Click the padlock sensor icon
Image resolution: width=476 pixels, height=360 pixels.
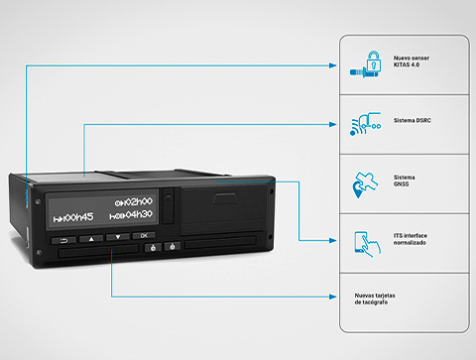(x=366, y=64)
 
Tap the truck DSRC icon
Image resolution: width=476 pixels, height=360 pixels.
(x=366, y=124)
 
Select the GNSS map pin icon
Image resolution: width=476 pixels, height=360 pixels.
(x=365, y=184)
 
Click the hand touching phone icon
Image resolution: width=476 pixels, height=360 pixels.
(x=367, y=244)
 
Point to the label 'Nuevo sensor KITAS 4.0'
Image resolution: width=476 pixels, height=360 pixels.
(x=412, y=61)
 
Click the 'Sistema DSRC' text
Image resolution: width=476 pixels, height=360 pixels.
(x=413, y=121)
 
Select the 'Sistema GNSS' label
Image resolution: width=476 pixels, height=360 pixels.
(x=404, y=180)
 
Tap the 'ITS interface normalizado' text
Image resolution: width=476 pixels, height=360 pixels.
(x=411, y=239)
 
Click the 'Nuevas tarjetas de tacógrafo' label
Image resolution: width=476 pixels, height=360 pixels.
(x=375, y=299)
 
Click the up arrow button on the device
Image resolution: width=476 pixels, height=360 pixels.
(x=91, y=238)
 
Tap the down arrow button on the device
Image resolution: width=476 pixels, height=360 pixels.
(x=117, y=237)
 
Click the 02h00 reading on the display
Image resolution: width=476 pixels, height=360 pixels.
(x=134, y=201)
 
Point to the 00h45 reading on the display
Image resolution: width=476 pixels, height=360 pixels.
(x=73, y=217)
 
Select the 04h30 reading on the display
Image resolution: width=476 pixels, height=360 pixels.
(x=131, y=215)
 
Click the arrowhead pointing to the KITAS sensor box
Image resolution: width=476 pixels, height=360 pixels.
(x=333, y=65)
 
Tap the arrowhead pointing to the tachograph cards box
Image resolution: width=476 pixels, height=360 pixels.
(x=333, y=297)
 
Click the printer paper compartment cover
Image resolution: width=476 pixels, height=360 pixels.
(x=224, y=210)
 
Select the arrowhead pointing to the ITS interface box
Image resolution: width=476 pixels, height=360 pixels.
(x=333, y=241)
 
